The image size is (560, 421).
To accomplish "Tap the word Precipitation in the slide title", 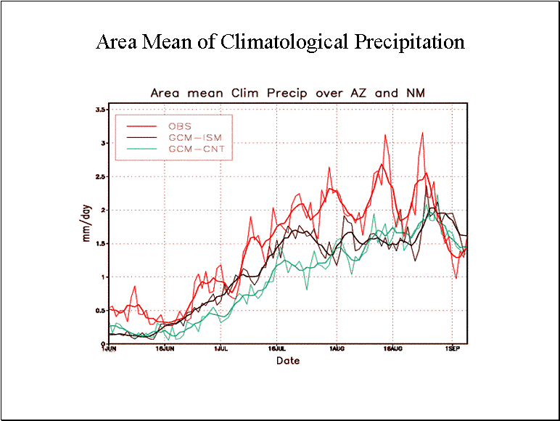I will [409, 42].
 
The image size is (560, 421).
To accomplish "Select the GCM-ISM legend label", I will [192, 137].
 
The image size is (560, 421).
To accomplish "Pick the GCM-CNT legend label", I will [192, 148].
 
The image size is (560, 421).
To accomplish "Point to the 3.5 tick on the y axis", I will [100, 110].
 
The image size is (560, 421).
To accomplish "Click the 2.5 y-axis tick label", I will [100, 176].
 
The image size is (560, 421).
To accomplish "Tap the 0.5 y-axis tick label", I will [100, 311].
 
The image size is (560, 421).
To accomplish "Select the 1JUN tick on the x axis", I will [107, 349].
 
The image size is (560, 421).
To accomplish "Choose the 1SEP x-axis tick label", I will [452, 349].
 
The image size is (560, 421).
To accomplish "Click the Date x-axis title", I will [287, 360].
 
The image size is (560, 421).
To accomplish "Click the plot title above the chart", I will [287, 93].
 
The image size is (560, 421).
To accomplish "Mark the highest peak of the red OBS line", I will [421, 133].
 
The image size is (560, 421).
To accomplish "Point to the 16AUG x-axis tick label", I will [392, 349].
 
